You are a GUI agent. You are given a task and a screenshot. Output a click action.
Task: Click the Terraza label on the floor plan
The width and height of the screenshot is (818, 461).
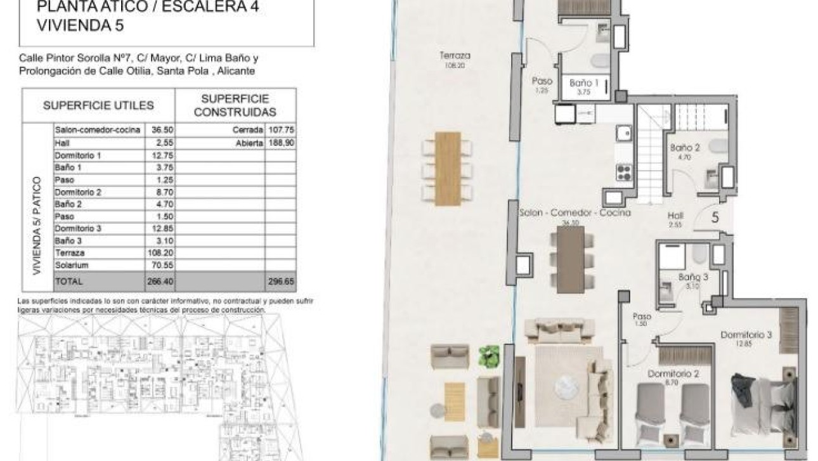[x=451, y=56]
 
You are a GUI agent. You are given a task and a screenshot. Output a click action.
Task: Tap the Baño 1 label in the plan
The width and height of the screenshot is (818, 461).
[x=584, y=83]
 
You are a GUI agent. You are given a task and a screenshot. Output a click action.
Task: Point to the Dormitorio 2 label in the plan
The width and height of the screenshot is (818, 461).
[x=672, y=374]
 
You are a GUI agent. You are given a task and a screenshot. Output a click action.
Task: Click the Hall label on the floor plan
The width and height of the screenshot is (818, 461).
[x=675, y=216]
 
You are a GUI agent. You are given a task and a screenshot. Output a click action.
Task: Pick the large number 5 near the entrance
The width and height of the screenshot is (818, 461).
[x=715, y=218]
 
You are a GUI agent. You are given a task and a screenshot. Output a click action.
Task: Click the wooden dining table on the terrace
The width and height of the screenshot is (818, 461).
[x=448, y=168]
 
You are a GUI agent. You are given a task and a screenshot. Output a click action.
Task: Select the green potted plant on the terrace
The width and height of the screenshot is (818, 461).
[x=489, y=354]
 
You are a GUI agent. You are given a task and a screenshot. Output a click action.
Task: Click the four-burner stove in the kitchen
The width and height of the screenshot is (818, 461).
[x=623, y=171]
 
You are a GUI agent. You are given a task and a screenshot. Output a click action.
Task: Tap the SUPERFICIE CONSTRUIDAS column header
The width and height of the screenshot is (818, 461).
[x=235, y=105]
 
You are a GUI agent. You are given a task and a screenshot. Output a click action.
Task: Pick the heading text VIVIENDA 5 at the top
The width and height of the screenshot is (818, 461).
[x=79, y=26]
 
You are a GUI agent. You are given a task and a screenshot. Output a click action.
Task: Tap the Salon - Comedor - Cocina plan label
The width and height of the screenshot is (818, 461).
[x=575, y=213]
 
